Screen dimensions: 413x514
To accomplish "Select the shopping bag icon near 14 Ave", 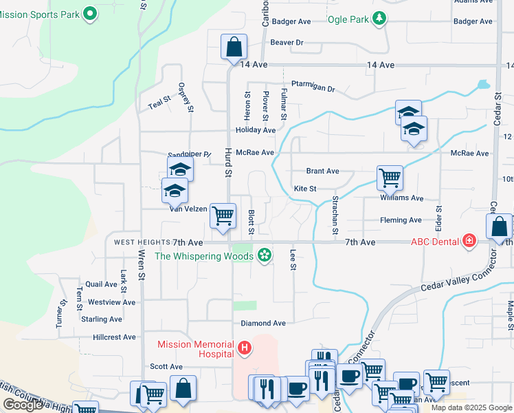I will point(234,47).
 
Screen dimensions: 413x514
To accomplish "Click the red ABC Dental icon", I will point(469,241).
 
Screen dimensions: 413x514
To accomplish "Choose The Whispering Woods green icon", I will point(263,256).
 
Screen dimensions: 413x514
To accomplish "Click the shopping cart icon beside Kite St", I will point(390,178).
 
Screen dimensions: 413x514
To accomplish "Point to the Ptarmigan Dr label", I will point(312,89).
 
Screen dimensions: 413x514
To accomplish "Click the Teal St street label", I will point(159,103).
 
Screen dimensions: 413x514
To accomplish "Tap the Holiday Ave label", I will point(255,130).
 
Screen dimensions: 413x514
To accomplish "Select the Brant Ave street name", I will point(322,171).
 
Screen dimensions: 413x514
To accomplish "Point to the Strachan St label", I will point(335,216).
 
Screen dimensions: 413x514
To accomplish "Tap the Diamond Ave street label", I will point(262,323).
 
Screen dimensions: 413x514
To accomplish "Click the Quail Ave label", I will point(102,284).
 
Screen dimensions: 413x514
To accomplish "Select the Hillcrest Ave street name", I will point(114,337).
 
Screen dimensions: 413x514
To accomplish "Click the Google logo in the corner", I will point(23,405).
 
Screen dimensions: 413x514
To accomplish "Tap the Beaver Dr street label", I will point(287,43).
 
